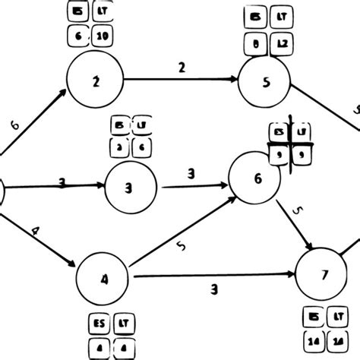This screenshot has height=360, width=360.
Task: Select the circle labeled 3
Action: [131, 187]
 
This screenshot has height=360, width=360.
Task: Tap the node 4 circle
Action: [103, 277]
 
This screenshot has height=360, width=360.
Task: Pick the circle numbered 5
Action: [265, 84]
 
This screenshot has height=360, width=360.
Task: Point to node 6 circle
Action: [257, 177]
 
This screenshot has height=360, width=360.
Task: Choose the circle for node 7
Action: [323, 274]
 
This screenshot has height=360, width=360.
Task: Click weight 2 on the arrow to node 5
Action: [182, 68]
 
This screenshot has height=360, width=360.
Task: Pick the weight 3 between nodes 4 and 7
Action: [215, 289]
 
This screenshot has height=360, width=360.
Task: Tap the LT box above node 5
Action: [282, 16]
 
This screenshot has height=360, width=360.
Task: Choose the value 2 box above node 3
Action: [120, 145]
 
